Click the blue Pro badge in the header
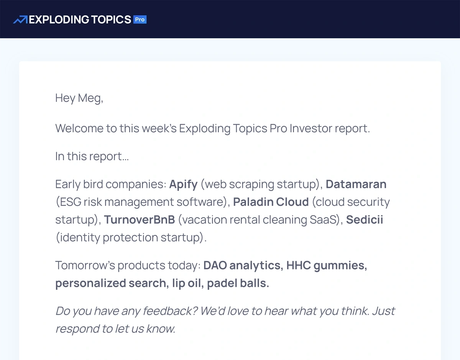click(x=140, y=20)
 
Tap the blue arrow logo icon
click(x=20, y=20)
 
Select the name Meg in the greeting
click(x=90, y=99)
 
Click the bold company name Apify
click(x=183, y=184)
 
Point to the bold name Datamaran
click(x=356, y=184)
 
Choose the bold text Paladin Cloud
click(x=271, y=202)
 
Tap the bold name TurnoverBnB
click(x=140, y=219)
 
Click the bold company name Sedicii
click(x=365, y=219)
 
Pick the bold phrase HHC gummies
click(x=327, y=266)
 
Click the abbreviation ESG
click(x=71, y=202)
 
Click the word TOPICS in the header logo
click(x=111, y=20)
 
